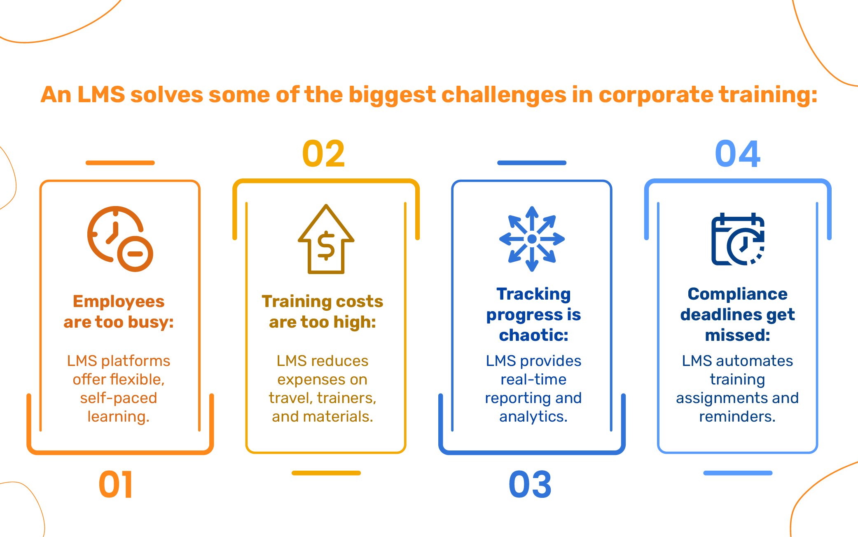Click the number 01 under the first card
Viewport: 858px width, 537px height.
pyautogui.click(x=116, y=485)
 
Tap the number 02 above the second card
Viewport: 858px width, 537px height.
pyautogui.click(x=323, y=154)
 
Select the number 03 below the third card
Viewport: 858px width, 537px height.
pyautogui.click(x=530, y=485)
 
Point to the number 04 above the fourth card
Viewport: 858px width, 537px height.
pyautogui.click(x=738, y=154)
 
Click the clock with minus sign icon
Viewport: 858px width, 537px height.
pyautogui.click(x=120, y=239)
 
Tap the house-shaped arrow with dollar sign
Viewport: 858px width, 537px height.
pyautogui.click(x=326, y=239)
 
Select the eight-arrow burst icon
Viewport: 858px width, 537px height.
pyautogui.click(x=532, y=239)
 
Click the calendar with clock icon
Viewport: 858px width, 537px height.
pyautogui.click(x=738, y=239)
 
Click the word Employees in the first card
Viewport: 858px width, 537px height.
pyautogui.click(x=119, y=302)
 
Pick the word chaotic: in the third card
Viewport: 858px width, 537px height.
pyautogui.click(x=534, y=335)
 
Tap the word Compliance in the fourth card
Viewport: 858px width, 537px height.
pyautogui.click(x=738, y=294)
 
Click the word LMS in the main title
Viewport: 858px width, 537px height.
pyautogui.click(x=101, y=94)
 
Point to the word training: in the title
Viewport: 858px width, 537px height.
pyautogui.click(x=768, y=95)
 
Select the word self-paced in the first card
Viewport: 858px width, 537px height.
pyautogui.click(x=119, y=398)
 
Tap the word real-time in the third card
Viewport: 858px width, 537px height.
pyautogui.click(x=534, y=379)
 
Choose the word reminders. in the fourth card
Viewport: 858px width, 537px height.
pyautogui.click(x=738, y=417)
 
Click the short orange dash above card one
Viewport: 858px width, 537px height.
pyautogui.click(x=120, y=163)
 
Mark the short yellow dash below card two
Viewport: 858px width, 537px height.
pyautogui.click(x=326, y=473)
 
